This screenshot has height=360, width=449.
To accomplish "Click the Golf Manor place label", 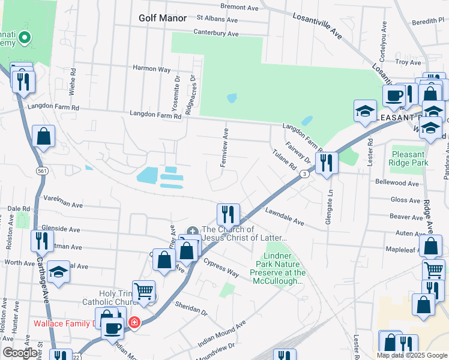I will coord(162,18).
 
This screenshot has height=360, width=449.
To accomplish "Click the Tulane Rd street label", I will coord(286,158).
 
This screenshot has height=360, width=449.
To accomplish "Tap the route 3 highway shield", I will coord(305,174).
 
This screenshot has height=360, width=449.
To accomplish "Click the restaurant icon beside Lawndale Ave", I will coord(228,214).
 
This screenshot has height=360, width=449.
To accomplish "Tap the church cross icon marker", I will coord(192,231).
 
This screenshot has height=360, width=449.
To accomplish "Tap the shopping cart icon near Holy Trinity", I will coord(143,292).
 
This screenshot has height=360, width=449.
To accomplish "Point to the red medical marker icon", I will coord(134,323).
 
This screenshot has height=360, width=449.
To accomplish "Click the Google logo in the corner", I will coord(19,353).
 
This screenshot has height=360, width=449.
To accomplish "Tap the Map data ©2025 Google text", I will coord(411,355).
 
